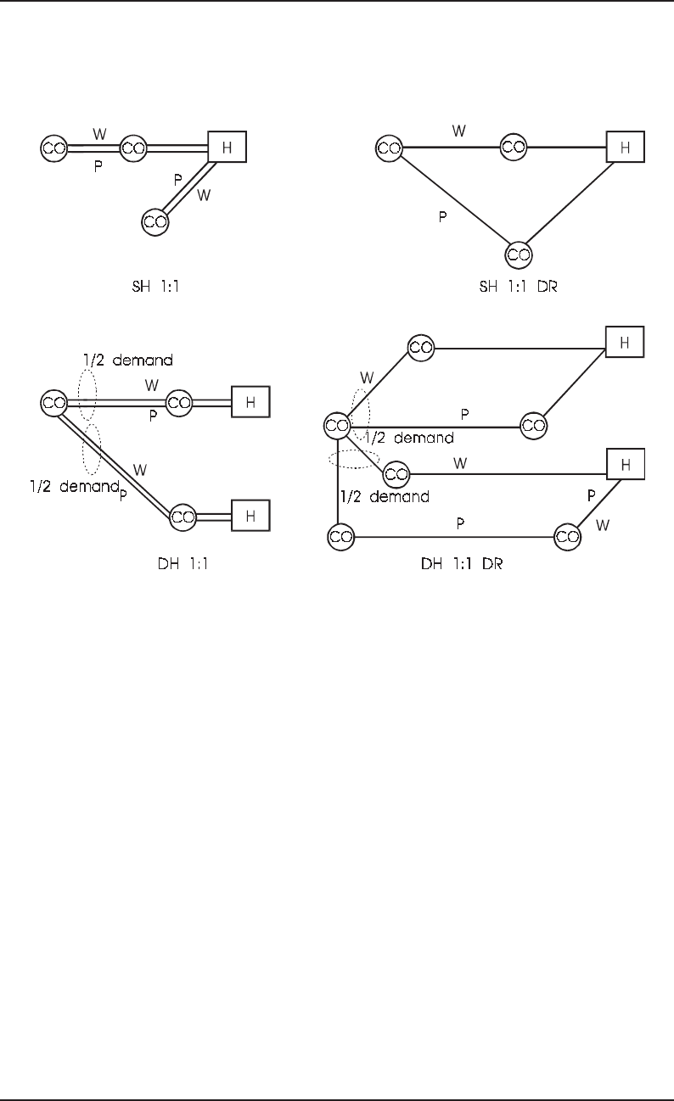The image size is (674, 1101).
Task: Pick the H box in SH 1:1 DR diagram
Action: pyautogui.click(x=625, y=147)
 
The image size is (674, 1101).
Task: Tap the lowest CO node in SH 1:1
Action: pyautogui.click(x=155, y=221)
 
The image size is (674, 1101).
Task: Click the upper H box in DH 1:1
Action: pyautogui.click(x=251, y=401)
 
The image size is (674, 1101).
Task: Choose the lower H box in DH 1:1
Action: pyautogui.click(x=251, y=516)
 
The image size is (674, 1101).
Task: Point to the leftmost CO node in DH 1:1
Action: pyautogui.click(x=53, y=401)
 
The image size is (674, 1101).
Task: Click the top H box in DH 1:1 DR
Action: pyautogui.click(x=625, y=342)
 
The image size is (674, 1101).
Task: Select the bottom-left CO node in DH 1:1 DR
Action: pyautogui.click(x=340, y=536)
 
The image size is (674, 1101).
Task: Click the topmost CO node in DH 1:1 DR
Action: pyautogui.click(x=421, y=347)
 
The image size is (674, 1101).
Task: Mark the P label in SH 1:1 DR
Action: pyautogui.click(x=442, y=217)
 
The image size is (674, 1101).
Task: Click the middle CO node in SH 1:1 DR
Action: pyautogui.click(x=513, y=147)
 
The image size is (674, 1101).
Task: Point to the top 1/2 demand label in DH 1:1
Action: pyautogui.click(x=139, y=360)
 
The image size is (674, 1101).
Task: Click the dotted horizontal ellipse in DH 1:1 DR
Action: pyautogui.click(x=353, y=459)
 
